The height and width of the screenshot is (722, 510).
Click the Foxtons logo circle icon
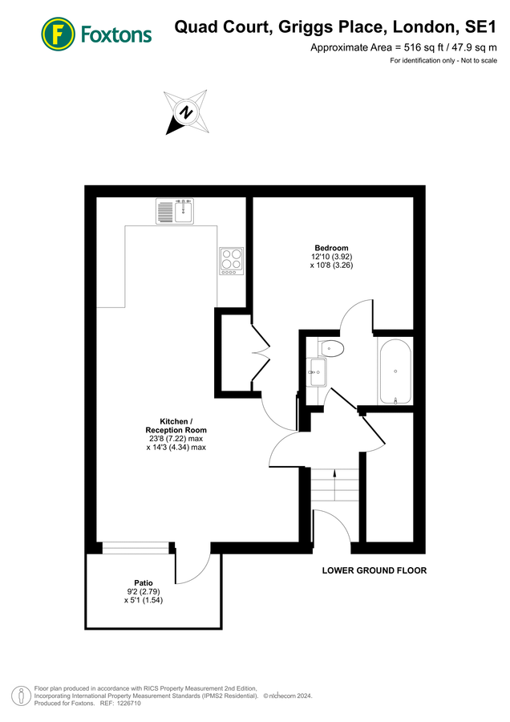click(x=59, y=33)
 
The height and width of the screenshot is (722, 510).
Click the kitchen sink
click(x=174, y=212)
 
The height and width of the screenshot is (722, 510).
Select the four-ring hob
click(x=231, y=261)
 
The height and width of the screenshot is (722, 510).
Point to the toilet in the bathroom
click(x=330, y=348)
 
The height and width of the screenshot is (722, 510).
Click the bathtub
click(x=395, y=371)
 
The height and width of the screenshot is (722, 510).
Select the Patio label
click(x=144, y=582)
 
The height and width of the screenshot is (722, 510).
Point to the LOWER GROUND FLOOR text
click(x=374, y=571)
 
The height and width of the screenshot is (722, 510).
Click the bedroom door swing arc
click(x=355, y=315)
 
